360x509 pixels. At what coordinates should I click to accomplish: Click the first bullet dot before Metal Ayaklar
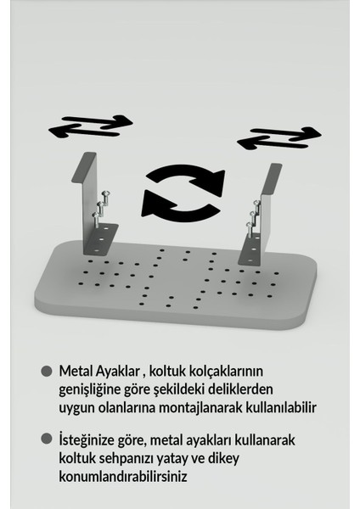[x=46, y=372]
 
